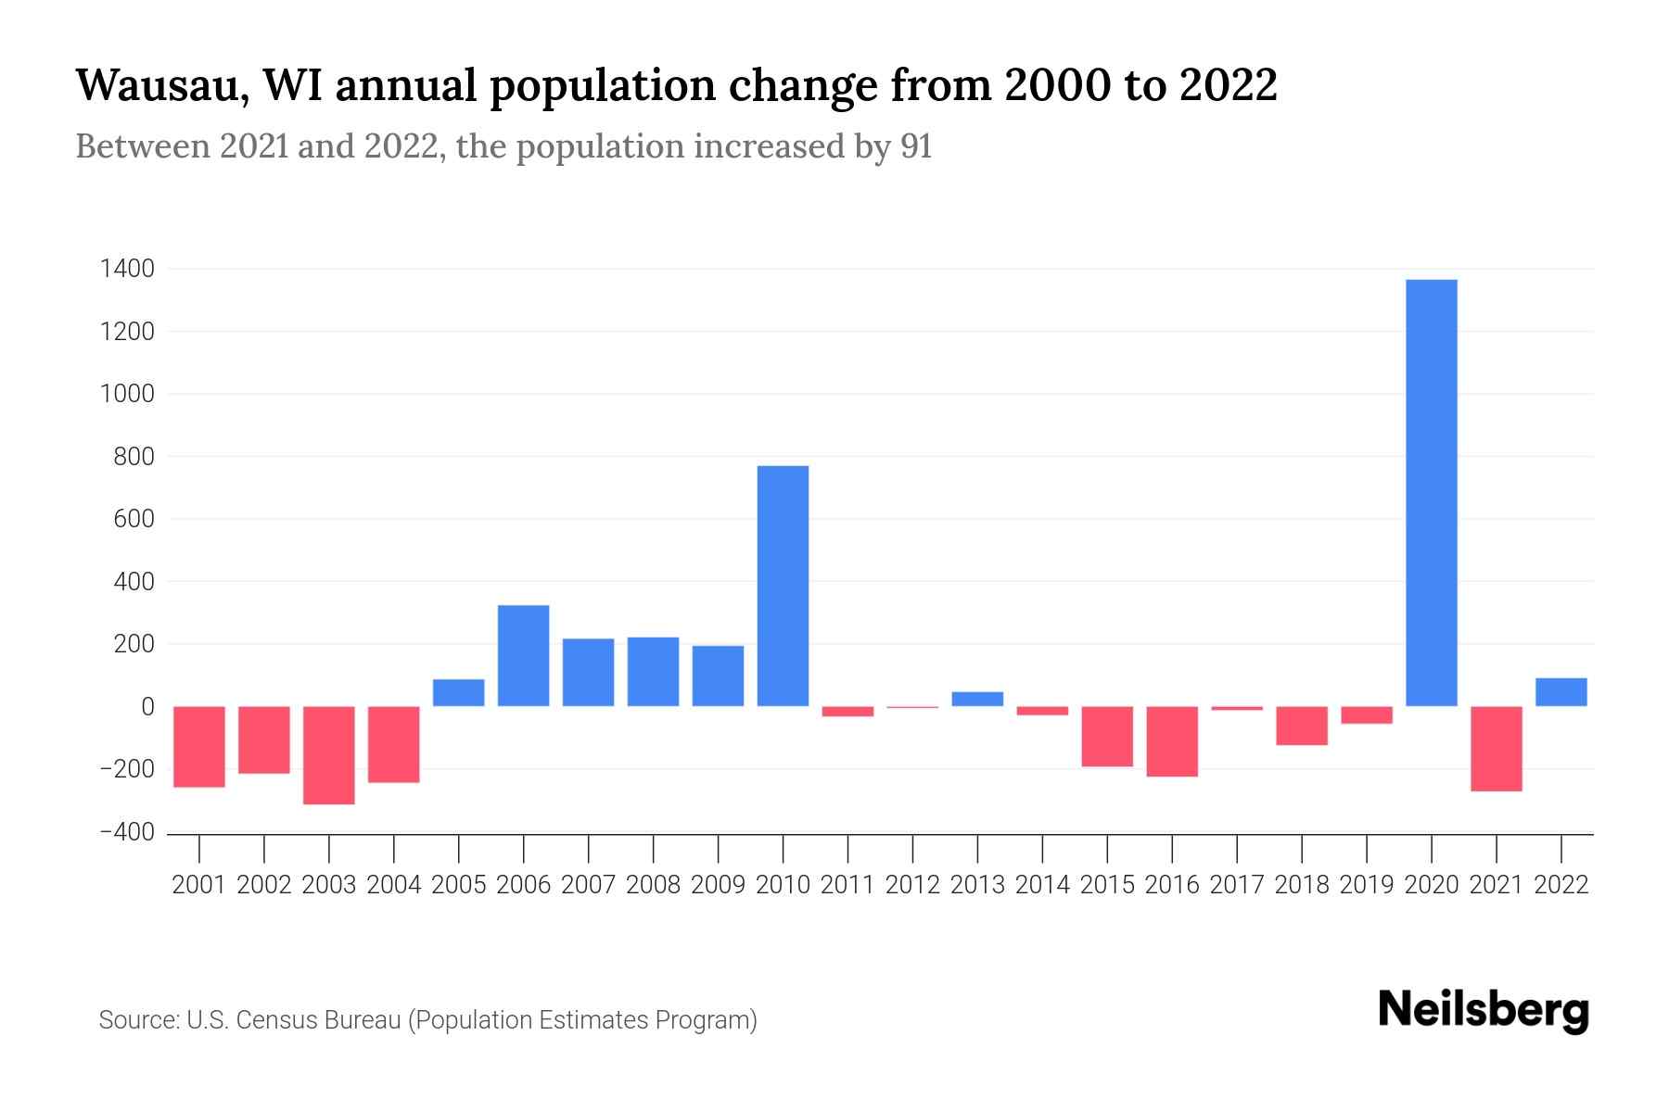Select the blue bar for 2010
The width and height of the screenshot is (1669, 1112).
pyautogui.click(x=783, y=586)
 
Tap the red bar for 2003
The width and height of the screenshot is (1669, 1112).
pyautogui.click(x=329, y=754)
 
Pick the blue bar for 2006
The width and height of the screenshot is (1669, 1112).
pyautogui.click(x=523, y=655)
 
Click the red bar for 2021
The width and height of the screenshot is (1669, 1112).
pyautogui.click(x=1496, y=748)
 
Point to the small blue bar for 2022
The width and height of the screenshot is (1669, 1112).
pyautogui.click(x=1561, y=692)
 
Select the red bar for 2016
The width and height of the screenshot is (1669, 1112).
pyautogui.click(x=1172, y=740)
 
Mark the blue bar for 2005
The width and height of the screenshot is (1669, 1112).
pyautogui.click(x=458, y=693)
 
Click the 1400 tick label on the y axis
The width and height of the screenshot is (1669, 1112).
pyautogui.click(x=128, y=270)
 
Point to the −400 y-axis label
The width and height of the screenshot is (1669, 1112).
pyautogui.click(x=127, y=832)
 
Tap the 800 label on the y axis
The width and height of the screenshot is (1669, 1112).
pyautogui.click(x=134, y=457)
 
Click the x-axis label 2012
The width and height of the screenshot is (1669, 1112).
pyautogui.click(x=912, y=885)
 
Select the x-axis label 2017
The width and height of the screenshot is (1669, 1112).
pyautogui.click(x=1236, y=885)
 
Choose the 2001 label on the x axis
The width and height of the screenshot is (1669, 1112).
pyautogui.click(x=199, y=885)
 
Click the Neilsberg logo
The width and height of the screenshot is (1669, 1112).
pyautogui.click(x=1484, y=1011)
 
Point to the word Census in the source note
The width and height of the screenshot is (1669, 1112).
pyautogui.click(x=274, y=1020)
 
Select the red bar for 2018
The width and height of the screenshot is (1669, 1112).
pyautogui.click(x=1301, y=726)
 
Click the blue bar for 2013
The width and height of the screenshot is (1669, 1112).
pyautogui.click(x=977, y=699)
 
